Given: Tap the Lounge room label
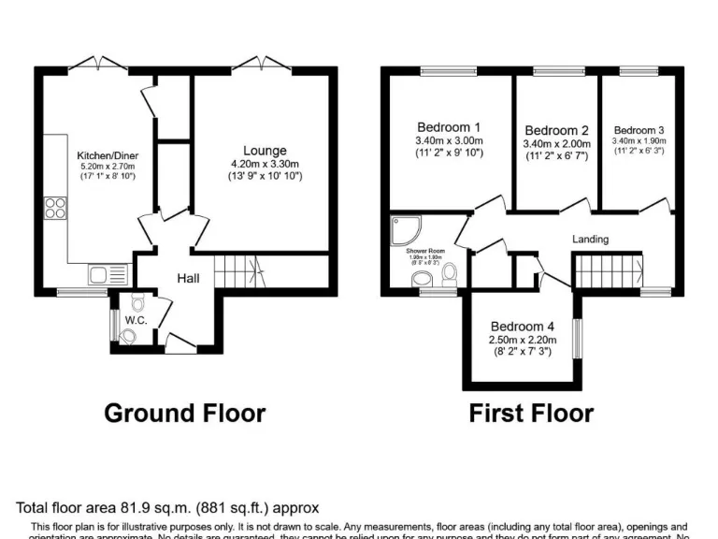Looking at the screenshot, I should pos(265,151).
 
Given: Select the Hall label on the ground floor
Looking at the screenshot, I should pos(189,278).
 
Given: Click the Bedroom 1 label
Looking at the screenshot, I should pos(449,127).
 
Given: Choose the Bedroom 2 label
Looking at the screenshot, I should pos(556,130).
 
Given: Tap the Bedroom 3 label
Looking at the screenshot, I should pos(639,130).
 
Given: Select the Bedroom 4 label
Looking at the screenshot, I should pos(523,327).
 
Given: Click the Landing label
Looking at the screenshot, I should pos(590,240).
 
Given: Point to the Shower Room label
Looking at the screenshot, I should pos(424,252).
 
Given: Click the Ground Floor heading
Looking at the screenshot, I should pos(184,413).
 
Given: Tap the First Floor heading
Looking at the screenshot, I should pos(531,413).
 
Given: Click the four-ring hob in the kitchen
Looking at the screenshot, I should pos(54,207).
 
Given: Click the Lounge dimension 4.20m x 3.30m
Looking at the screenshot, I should pos(265,164).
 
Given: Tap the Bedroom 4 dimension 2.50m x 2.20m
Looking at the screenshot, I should pos(523,340).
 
